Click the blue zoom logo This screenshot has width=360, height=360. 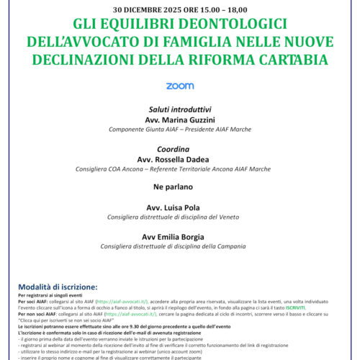[180, 86]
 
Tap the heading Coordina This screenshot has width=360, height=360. [180, 151]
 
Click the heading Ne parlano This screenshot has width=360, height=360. [180, 189]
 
